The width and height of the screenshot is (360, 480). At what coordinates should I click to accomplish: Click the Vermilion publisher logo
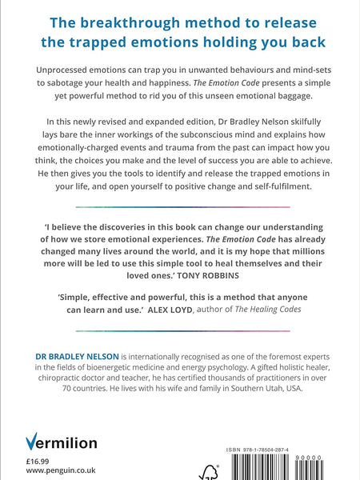61,442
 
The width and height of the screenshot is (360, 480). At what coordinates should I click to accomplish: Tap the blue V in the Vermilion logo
33,442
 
